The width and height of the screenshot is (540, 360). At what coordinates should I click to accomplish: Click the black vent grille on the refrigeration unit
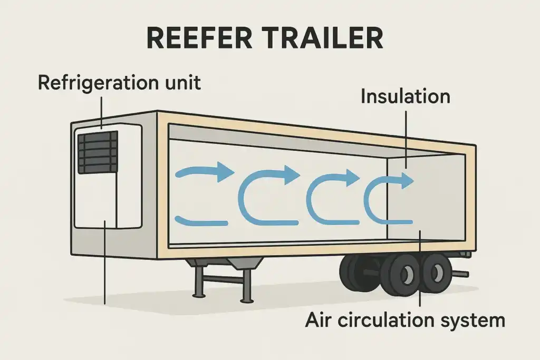pyautogui.click(x=98, y=152)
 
